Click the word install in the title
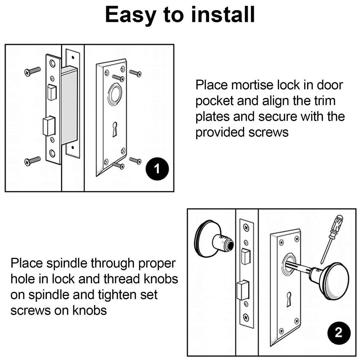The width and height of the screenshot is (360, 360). (x=223, y=14)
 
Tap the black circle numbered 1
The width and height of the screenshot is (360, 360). (x=157, y=169)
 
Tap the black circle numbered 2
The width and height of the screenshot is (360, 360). (x=339, y=333)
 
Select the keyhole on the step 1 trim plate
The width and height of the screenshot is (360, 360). (x=114, y=129)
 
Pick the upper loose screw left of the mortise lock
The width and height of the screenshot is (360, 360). (x=33, y=71)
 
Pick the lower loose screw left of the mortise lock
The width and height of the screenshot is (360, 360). (x=33, y=161)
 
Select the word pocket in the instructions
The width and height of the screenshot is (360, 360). (x=214, y=102)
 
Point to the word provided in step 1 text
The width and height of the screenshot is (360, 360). (x=220, y=133)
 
